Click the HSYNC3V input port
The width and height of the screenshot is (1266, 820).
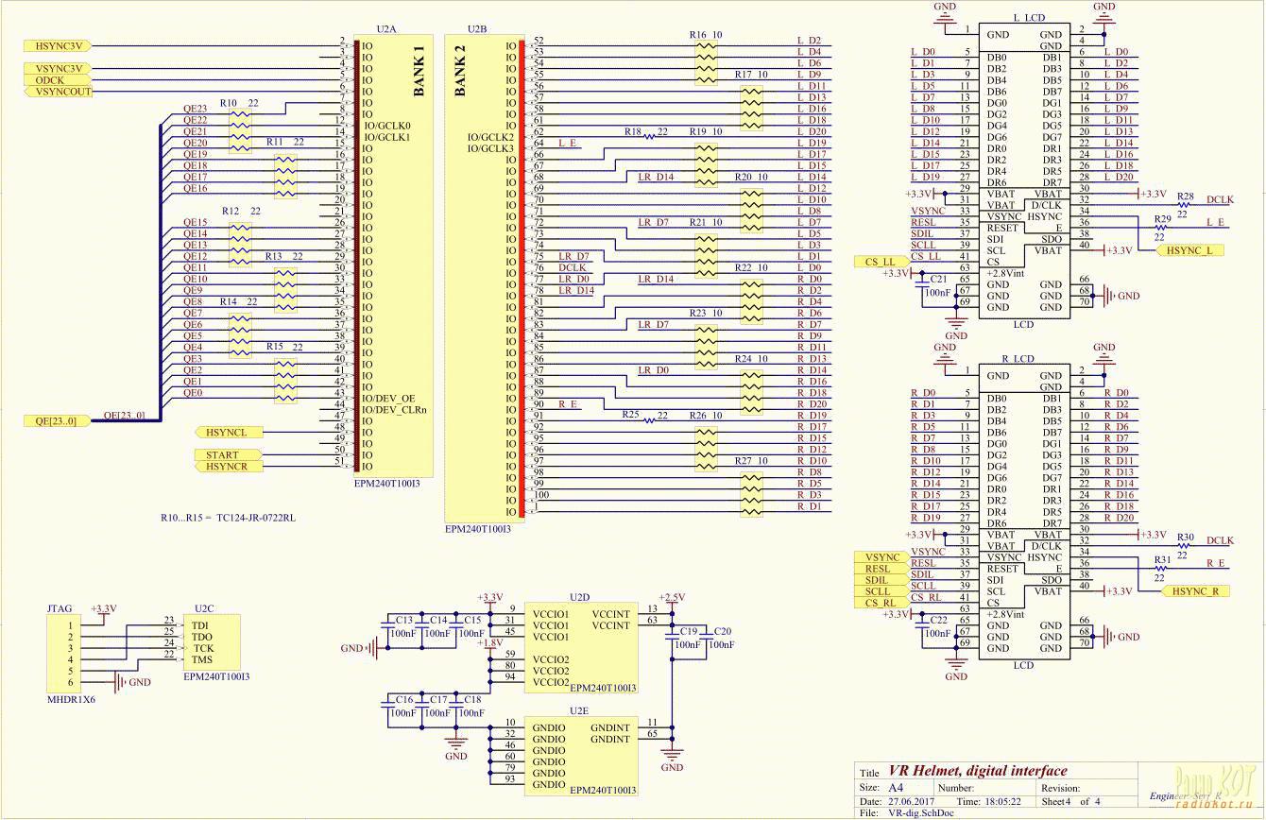tap(60, 45)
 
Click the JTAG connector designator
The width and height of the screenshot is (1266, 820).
tap(59, 609)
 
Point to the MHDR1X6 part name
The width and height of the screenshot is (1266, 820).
tap(71, 699)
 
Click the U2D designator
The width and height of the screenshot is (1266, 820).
tap(579, 597)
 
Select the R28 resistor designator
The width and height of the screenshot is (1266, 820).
tap(1186, 195)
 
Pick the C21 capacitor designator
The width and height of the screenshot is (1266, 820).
tap(938, 279)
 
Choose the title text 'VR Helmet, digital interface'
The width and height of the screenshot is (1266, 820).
tap(977, 771)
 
